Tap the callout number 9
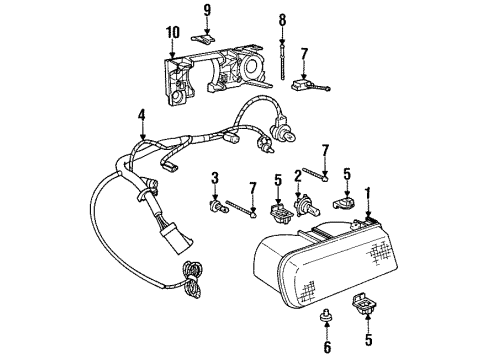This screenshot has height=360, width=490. (207, 12)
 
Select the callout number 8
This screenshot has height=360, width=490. (283, 18)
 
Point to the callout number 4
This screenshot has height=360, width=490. (143, 116)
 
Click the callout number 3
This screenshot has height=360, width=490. (213, 178)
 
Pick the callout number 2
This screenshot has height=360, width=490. (298, 176)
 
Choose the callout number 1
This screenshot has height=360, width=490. (367, 192)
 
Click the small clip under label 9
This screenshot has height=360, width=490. (206, 39)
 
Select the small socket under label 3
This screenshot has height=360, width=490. (213, 208)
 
